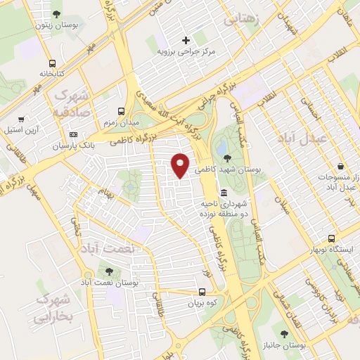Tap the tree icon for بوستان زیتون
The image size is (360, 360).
[x=56, y=13]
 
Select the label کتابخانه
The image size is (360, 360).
[x=52, y=72]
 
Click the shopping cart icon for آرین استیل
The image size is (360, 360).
[x=22, y=118]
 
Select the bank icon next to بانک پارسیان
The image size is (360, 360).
[x=74, y=135]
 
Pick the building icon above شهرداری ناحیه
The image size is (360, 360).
[x=224, y=193]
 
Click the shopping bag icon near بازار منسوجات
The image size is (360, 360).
[x=341, y=167]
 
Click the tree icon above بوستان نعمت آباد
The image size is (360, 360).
[x=108, y=271]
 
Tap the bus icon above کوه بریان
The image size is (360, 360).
[x=202, y=293]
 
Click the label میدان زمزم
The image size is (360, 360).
[x=121, y=122]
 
